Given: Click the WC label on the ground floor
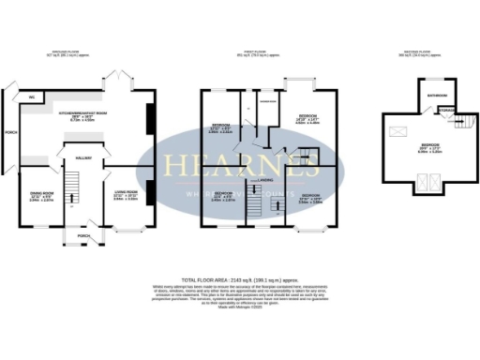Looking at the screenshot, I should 32,96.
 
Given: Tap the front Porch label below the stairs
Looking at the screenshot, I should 84,235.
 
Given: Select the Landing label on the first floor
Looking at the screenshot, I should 266,178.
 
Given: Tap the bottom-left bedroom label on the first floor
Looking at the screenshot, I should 221,196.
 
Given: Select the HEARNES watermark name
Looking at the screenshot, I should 247,164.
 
